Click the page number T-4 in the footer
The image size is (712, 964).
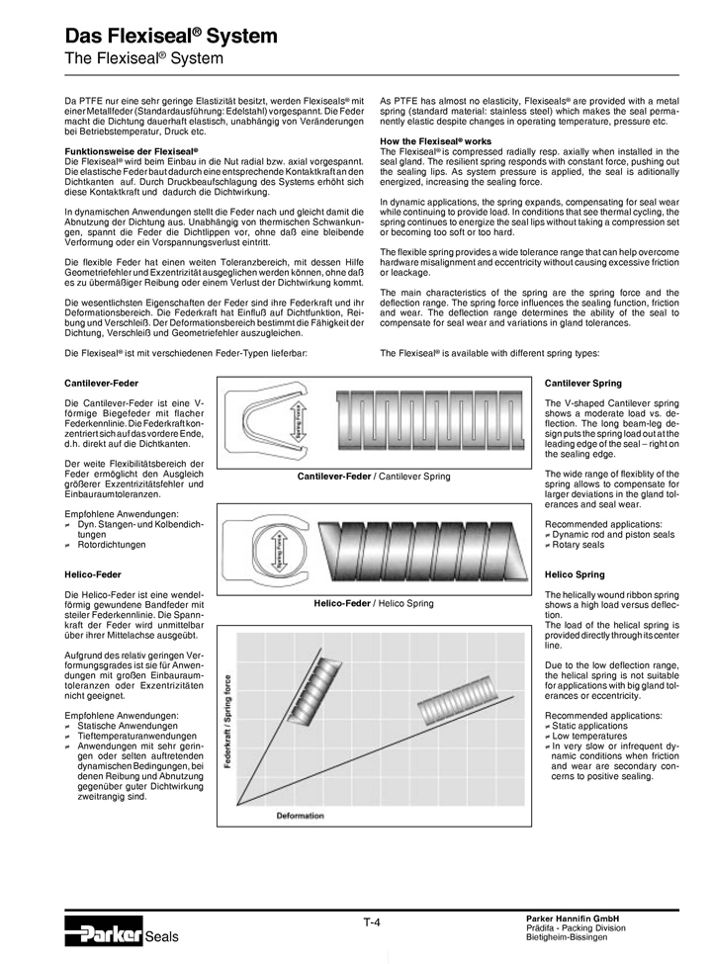(372, 922)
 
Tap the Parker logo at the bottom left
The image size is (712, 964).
(103, 931)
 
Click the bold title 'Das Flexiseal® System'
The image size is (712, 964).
(171, 37)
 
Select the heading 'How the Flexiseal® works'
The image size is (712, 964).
(435, 141)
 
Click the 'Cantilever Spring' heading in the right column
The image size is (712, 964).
(583, 383)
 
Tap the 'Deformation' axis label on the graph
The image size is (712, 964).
(300, 815)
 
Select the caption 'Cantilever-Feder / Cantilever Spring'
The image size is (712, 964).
(374, 477)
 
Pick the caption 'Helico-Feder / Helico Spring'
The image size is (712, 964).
(374, 602)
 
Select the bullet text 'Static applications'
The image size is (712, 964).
(589, 726)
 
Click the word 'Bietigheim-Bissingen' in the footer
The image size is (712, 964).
(571, 937)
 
